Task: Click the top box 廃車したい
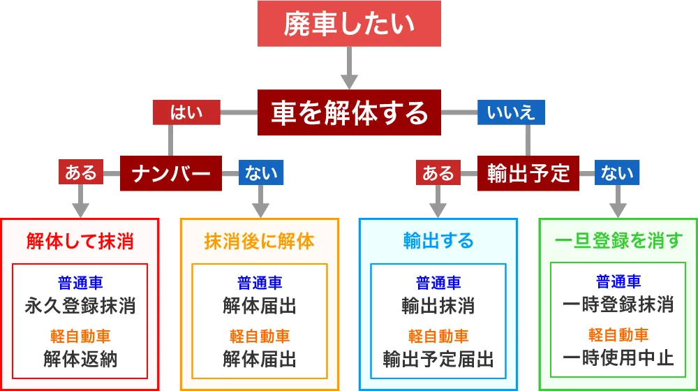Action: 348,26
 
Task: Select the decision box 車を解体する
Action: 348,112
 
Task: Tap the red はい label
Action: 186,112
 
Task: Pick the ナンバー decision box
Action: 171,172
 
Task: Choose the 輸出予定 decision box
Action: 528,172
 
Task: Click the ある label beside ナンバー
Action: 81,172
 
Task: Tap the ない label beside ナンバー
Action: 261,172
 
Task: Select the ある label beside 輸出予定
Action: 438,172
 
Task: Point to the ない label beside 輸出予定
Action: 618,172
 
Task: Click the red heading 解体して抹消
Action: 80,242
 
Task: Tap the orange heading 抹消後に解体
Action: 260,242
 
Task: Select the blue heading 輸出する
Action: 438,242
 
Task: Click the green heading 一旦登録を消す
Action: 618,242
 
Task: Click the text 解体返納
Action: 80,359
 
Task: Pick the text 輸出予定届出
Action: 438,359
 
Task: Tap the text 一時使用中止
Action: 618,359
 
